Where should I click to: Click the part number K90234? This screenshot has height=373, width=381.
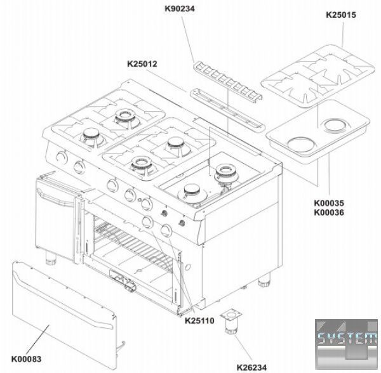[180, 9]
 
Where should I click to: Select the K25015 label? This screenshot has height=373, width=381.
[341, 15]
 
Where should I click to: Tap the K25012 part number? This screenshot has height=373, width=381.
[142, 64]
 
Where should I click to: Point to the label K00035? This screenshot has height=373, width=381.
[329, 203]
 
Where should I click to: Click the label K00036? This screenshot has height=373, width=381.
[329, 213]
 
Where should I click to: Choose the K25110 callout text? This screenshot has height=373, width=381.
[199, 321]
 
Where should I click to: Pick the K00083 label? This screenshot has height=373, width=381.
[26, 359]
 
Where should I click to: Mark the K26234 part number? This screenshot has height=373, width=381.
[251, 368]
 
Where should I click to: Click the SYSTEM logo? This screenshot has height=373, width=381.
[347, 344]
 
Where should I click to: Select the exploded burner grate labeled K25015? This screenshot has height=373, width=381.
[317, 75]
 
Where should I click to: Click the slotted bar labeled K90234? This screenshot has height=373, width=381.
[228, 80]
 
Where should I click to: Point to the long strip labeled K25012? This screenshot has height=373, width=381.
[227, 110]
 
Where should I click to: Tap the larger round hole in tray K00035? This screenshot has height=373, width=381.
[302, 145]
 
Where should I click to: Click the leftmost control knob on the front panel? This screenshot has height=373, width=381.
[62, 157]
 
